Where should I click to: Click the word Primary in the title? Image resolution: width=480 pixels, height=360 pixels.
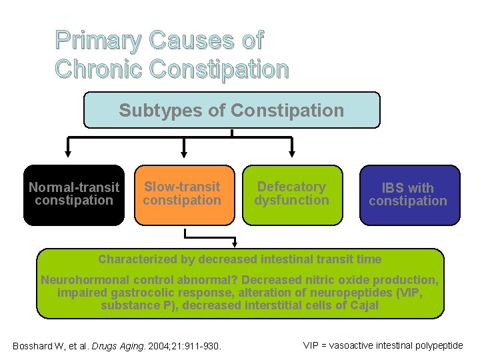pos(99,41)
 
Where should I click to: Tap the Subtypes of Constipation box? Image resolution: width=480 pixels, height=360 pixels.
pos(231,110)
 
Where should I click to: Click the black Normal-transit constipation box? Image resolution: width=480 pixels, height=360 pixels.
pos(74,195)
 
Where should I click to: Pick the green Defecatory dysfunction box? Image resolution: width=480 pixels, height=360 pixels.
pos(293,195)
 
